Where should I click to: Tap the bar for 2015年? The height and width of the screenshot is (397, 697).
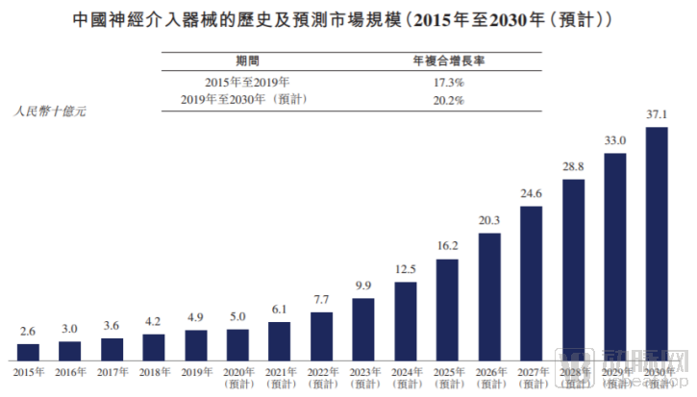click(x=29, y=351)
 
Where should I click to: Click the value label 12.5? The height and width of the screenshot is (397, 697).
click(x=405, y=268)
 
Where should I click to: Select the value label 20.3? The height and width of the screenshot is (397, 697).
click(x=488, y=221)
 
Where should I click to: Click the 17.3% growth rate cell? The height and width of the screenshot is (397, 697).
click(x=449, y=83)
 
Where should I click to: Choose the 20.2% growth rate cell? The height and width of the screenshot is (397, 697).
click(x=449, y=100)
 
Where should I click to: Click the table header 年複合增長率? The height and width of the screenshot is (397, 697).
click(x=449, y=59)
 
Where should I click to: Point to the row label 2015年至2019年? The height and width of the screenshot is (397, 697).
click(x=247, y=83)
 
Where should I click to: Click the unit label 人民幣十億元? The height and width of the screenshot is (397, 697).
click(x=50, y=112)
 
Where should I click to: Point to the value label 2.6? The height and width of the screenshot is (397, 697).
click(x=29, y=332)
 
